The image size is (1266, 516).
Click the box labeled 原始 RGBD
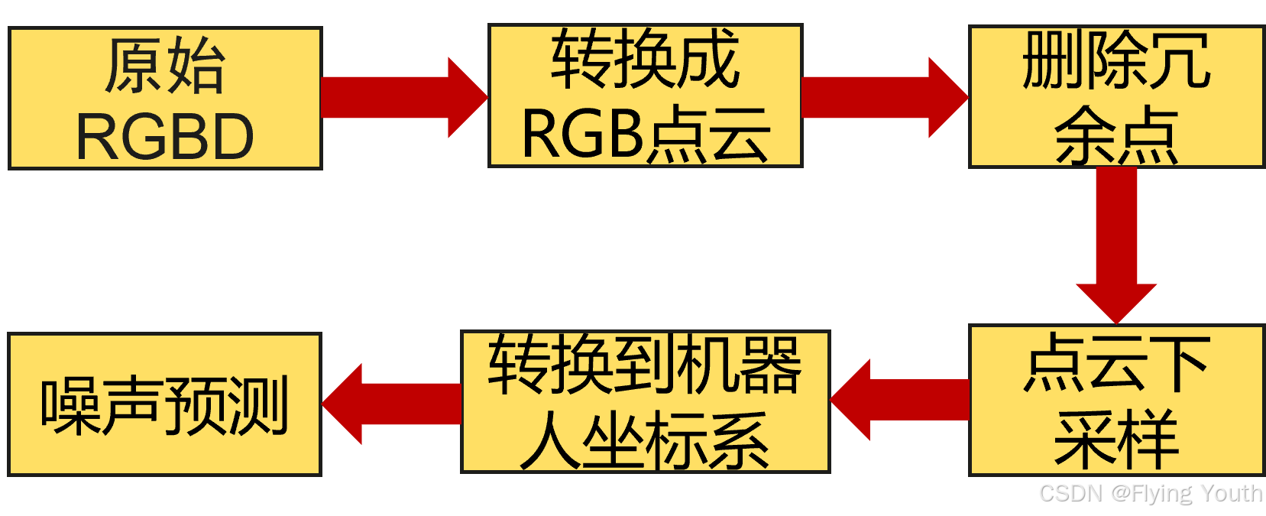click(165, 98)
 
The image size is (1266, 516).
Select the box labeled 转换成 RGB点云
click(646, 96)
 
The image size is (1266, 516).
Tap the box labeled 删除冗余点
click(1115, 96)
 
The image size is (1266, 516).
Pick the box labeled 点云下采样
click(1115, 401)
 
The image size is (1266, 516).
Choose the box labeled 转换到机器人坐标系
click(646, 402)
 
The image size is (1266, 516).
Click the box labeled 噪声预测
click(165, 404)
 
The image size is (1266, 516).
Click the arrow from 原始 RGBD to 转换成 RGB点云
click(401, 97)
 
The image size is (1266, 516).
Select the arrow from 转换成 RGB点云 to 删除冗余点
click(882, 97)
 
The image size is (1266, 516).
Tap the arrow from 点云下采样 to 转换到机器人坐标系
click(902, 400)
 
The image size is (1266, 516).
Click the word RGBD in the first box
click(165, 137)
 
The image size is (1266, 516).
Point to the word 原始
click(165, 66)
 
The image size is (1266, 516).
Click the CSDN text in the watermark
click(1069, 492)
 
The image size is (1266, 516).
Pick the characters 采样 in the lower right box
click(1115, 440)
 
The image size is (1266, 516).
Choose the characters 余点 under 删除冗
click(1115, 135)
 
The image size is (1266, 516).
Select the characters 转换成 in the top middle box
click(646, 59)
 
